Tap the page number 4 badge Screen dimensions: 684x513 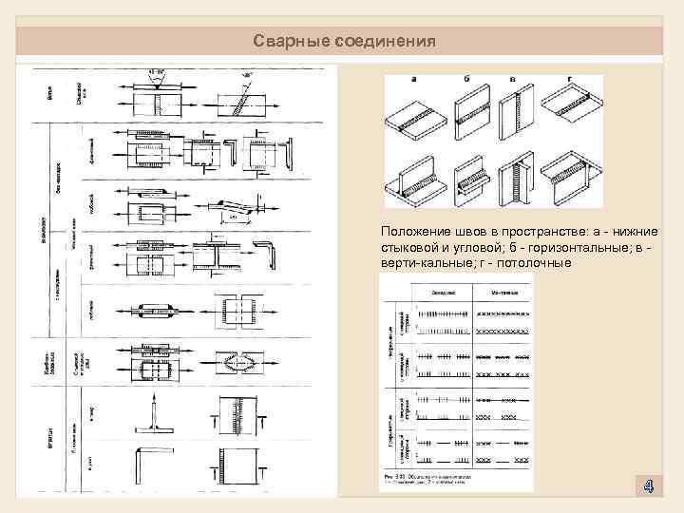(647, 486)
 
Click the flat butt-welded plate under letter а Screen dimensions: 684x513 (415, 122)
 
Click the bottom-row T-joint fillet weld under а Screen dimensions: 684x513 (415, 179)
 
